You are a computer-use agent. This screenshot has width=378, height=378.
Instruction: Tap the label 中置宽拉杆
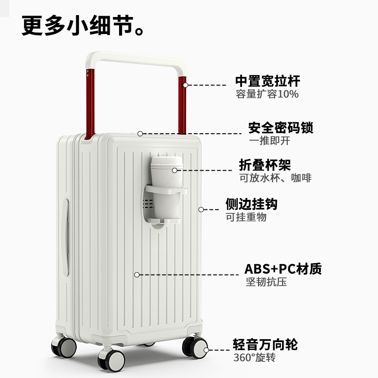click(x=267, y=81)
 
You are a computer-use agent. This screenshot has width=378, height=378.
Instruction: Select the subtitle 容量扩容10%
click(x=267, y=94)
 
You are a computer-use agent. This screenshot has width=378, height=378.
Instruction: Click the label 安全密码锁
click(x=281, y=128)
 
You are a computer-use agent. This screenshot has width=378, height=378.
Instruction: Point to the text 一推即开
click(x=269, y=141)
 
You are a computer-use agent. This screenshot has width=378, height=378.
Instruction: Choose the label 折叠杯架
click(x=265, y=165)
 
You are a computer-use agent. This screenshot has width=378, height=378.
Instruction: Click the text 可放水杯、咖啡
click(x=275, y=178)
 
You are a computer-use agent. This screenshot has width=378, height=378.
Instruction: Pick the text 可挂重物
click(x=246, y=217)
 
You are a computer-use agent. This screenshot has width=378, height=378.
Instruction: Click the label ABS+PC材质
click(x=283, y=269)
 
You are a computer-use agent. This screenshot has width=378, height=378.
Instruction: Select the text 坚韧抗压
click(x=266, y=282)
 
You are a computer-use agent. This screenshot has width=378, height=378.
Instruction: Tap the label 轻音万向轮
click(x=265, y=344)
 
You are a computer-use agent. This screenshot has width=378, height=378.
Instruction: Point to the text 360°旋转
click(x=254, y=357)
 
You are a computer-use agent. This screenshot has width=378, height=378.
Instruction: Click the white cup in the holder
click(x=166, y=189)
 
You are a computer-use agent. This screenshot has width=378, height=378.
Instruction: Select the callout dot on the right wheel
click(x=206, y=350)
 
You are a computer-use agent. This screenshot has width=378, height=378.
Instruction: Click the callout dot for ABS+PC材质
click(x=137, y=275)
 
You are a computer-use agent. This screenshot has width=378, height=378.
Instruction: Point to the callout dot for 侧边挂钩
click(x=201, y=209)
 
